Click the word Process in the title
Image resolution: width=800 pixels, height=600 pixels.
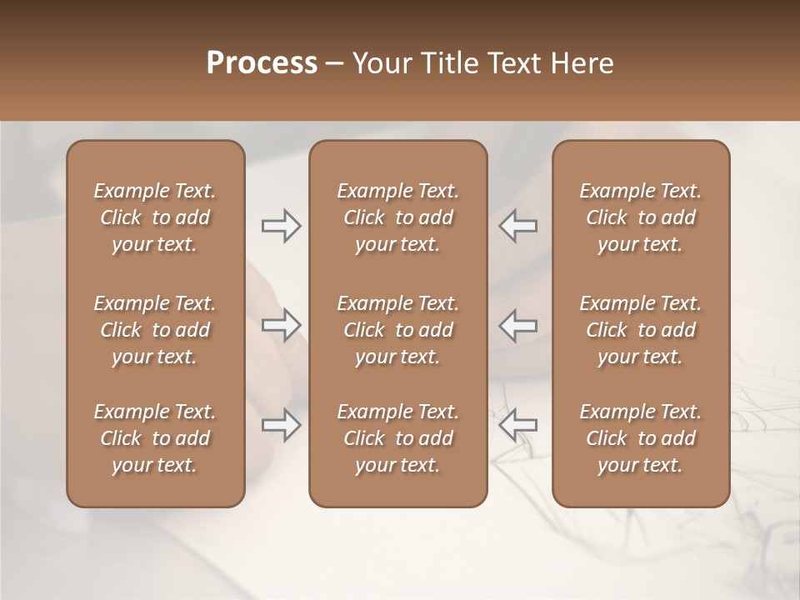coord(262,63)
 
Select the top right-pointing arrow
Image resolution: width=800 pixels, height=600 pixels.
coord(281,226)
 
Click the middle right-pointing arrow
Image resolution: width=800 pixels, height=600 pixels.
coord(281,325)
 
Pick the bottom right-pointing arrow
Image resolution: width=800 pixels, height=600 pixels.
coord(281,425)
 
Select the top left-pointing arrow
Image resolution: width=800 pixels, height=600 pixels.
coord(517,226)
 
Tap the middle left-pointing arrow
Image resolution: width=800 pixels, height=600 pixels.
coord(517,325)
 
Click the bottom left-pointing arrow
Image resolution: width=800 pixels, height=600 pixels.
coord(517,425)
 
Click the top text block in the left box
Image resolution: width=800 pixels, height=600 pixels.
coord(155,217)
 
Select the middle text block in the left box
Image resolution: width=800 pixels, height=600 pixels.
coord(155,330)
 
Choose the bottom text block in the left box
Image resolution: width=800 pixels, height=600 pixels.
coord(155,438)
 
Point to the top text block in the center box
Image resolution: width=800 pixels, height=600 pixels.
coord(397,217)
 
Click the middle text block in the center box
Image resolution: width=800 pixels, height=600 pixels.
coord(397,330)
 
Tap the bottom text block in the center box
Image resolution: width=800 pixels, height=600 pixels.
coord(397,438)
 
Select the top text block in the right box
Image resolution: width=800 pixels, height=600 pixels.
coord(640,217)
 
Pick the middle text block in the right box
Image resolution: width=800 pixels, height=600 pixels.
coord(640,330)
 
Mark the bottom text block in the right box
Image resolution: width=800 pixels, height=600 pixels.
coord(640,438)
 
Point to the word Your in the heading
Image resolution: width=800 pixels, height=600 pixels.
coord(380,63)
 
